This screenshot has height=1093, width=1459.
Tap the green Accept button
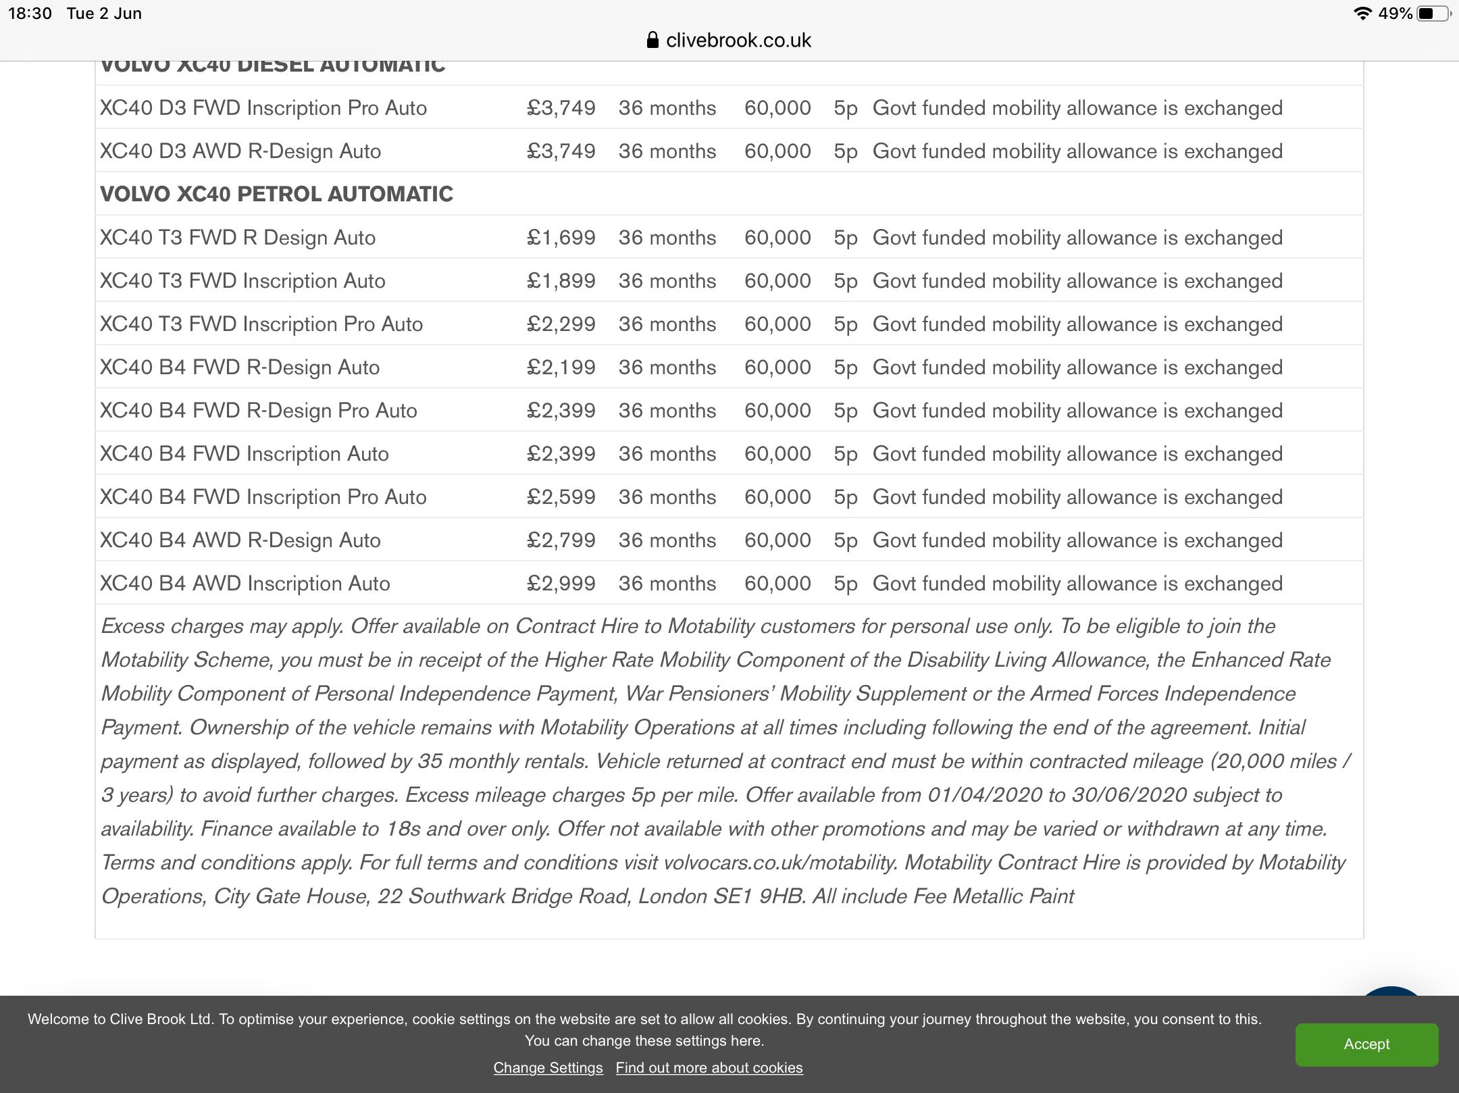click(1366, 1044)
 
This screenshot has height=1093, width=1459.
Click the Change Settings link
click(548, 1067)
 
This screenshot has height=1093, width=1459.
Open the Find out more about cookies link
click(709, 1067)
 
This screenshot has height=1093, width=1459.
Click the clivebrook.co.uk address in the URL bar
click(738, 41)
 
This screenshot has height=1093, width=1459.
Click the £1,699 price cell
click(561, 238)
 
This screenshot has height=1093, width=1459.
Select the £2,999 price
click(561, 584)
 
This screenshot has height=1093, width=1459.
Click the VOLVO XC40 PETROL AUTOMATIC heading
click(276, 195)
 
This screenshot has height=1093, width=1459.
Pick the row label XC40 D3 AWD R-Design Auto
click(240, 151)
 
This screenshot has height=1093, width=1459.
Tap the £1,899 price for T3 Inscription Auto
click(561, 281)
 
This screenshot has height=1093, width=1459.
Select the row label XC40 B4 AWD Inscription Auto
click(245, 584)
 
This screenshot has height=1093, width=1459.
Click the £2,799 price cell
click(561, 540)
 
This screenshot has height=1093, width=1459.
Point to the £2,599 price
click(561, 497)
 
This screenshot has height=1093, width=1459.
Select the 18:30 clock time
click(30, 14)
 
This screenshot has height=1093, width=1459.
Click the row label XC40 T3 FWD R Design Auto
click(238, 238)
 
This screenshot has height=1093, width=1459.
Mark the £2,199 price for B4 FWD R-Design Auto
click(561, 367)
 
